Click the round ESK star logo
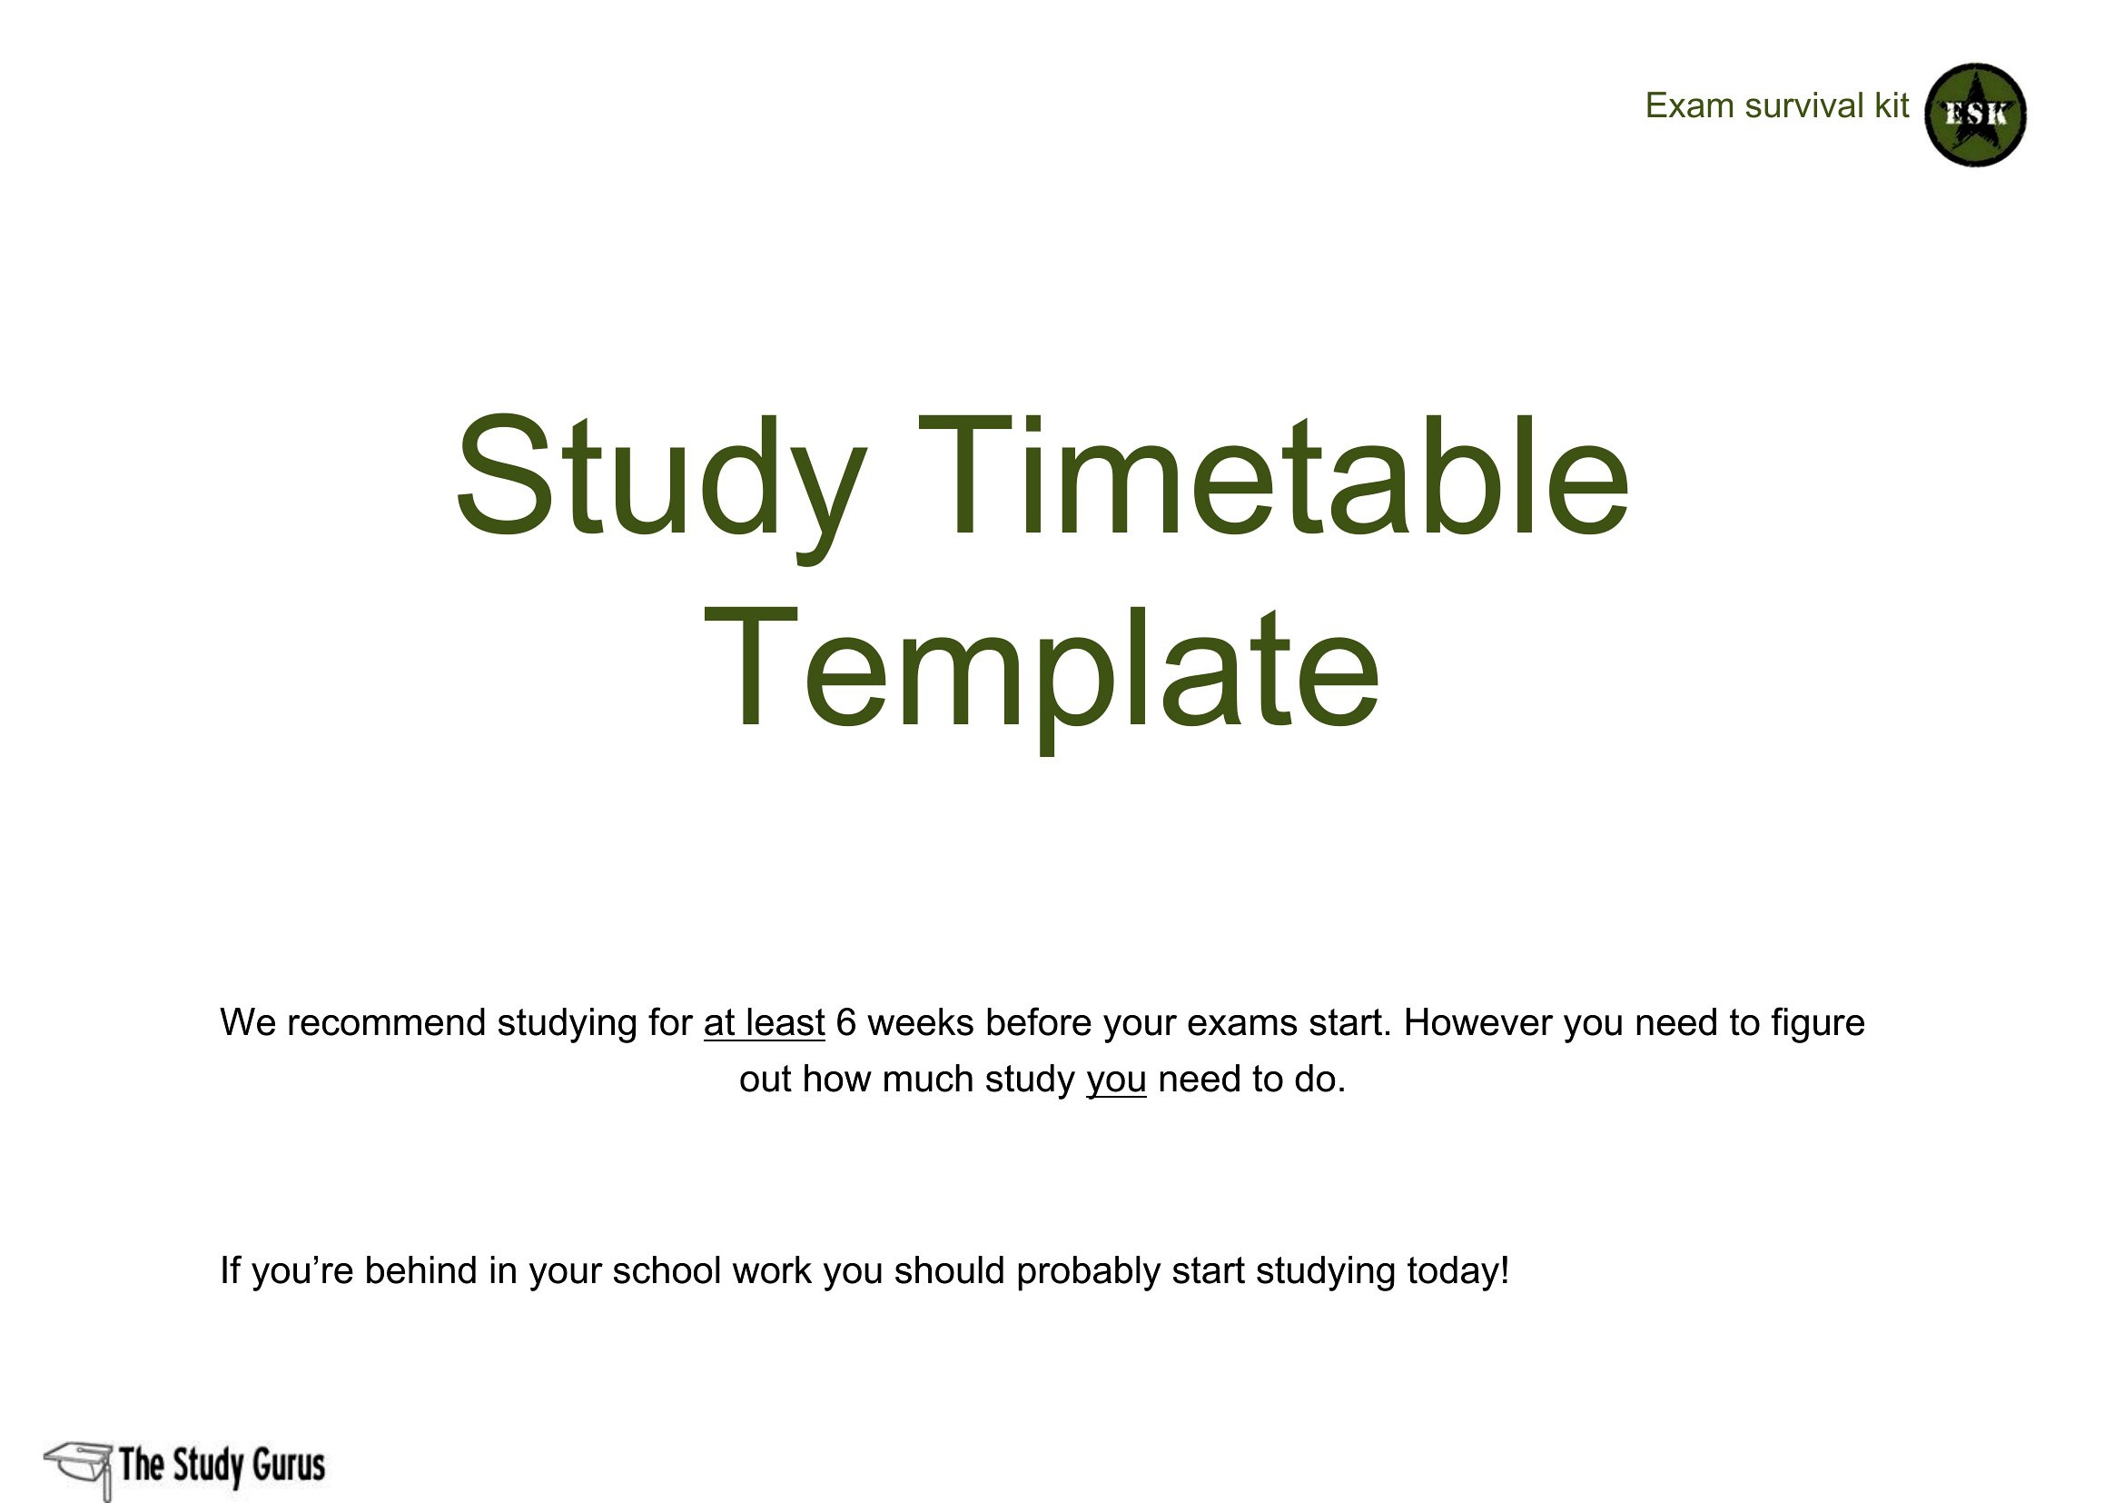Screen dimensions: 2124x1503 click(1976, 114)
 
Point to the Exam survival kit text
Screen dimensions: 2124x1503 click(1776, 105)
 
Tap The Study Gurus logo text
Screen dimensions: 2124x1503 click(222, 1465)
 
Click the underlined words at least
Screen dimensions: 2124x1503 click(764, 1022)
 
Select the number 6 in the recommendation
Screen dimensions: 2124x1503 click(845, 1022)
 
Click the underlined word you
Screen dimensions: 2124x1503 click(1117, 1080)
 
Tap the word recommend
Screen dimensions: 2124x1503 click(387, 1022)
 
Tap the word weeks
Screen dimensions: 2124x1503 click(921, 1022)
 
